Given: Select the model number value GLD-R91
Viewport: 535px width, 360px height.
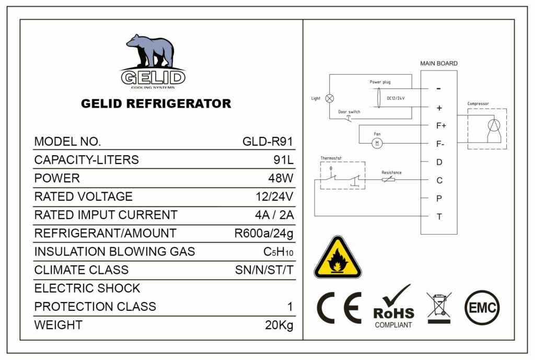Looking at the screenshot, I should coord(267,142).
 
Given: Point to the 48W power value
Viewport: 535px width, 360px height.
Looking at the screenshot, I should coord(279,178).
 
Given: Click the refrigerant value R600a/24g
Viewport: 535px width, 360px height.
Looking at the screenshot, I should coord(264,233).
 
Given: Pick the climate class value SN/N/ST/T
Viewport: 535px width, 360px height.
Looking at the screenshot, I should coord(264,270).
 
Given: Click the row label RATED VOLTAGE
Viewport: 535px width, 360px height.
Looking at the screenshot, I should coord(83,196).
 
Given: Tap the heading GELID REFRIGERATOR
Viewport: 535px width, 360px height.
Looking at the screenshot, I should coord(156,103).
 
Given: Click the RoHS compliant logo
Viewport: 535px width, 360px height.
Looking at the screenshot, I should coord(393,308).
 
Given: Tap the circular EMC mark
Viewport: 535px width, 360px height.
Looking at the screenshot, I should coord(482,308).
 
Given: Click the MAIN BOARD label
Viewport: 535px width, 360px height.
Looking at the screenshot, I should coord(439,63).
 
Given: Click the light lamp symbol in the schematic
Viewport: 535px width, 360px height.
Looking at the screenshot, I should coord(330,98).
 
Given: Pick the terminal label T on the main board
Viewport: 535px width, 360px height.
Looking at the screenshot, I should coord(439,216).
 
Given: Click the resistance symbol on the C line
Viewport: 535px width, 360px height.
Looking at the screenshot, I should coord(388,180).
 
